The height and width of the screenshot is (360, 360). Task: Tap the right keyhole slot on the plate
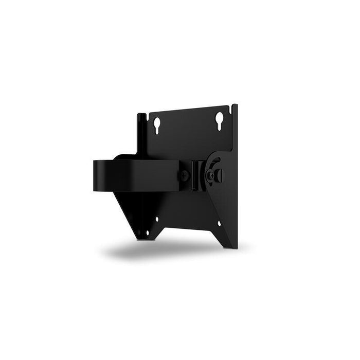(221, 119)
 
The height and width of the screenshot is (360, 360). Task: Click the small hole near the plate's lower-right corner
(220, 224)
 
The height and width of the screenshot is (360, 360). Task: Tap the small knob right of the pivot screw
(221, 175)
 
